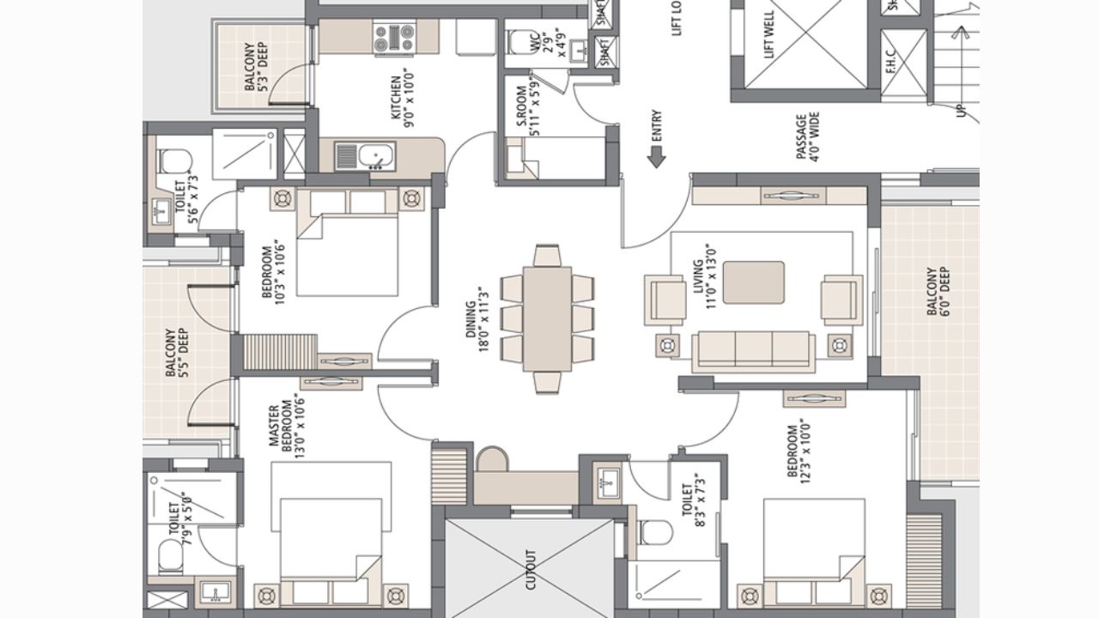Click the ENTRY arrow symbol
657,156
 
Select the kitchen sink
376,156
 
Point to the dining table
547,318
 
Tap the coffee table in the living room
753,282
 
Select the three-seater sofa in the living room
753,350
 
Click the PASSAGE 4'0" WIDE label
807,136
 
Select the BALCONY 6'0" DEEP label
938,292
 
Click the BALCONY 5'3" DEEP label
255,66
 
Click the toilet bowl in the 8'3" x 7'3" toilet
655,532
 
